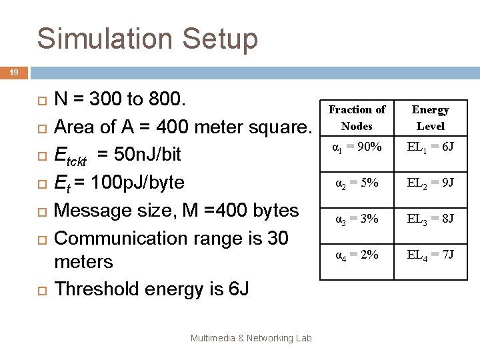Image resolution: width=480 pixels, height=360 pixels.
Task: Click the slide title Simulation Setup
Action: [x=147, y=39]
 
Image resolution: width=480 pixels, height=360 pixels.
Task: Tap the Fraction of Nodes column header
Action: [x=357, y=117]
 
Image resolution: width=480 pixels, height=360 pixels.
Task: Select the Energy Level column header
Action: [x=430, y=117]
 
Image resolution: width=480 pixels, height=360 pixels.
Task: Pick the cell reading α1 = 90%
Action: [x=357, y=145]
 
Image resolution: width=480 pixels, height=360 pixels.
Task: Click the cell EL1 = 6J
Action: [x=430, y=145]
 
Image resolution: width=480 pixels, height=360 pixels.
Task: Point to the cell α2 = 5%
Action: [x=357, y=182]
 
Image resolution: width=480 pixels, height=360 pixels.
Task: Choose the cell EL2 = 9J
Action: [x=430, y=182]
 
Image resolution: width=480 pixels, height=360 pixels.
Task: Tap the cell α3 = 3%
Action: [x=357, y=218]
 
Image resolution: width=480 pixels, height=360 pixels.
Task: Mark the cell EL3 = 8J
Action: [x=430, y=218]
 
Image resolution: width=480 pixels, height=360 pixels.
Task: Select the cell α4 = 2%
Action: [x=357, y=254]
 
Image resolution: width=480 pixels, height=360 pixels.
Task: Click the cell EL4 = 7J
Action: [x=430, y=254]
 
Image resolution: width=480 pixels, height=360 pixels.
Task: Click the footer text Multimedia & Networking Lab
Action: [x=251, y=339]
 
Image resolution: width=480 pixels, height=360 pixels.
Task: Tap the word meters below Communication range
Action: [x=83, y=262]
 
